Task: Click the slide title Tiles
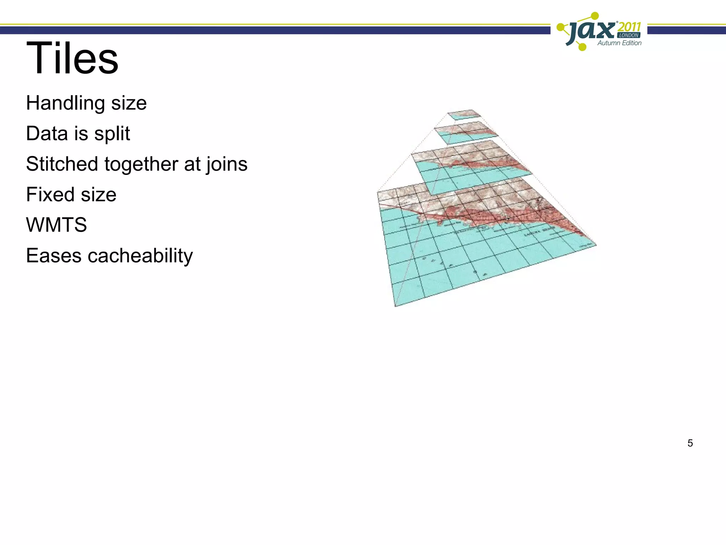[72, 58]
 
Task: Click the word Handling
[65, 103]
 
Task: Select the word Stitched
[62, 164]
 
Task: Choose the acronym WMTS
[56, 225]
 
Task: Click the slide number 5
[690, 443]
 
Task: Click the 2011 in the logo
[629, 27]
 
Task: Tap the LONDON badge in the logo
[629, 35]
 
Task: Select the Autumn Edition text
[619, 43]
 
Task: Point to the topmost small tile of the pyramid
[464, 115]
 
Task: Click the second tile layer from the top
[465, 132]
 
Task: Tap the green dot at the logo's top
[595, 16]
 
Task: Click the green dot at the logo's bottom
[582, 46]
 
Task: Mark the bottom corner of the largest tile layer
[396, 305]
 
